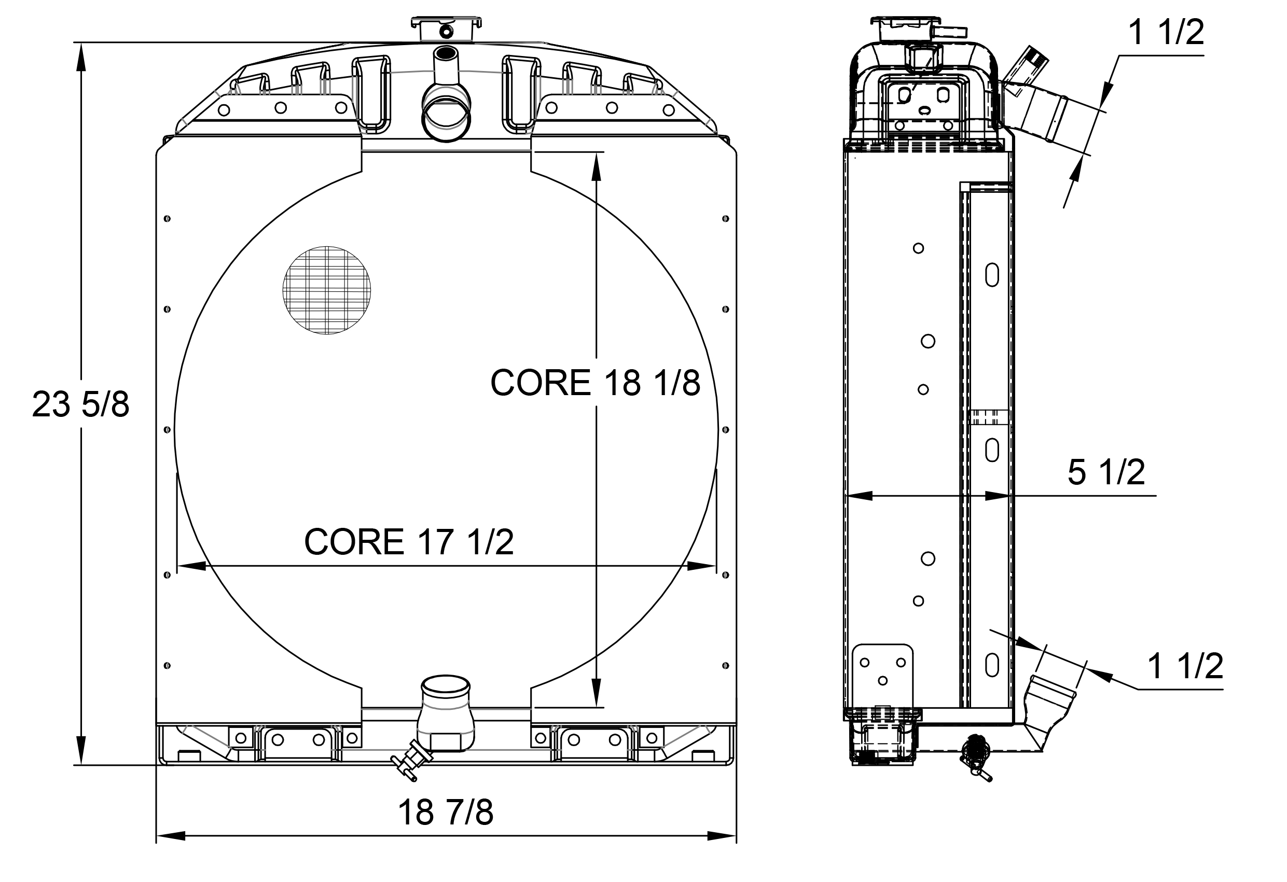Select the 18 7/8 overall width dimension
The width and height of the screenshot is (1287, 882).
pyautogui.click(x=445, y=812)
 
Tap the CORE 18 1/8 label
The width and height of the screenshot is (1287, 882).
pyautogui.click(x=596, y=383)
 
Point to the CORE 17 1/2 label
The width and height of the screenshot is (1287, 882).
pyautogui.click(x=409, y=541)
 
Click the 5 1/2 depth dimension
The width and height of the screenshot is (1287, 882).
pyautogui.click(x=1106, y=472)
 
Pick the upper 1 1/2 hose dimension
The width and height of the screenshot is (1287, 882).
pyautogui.click(x=1166, y=33)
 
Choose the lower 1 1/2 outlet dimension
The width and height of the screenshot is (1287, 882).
pyautogui.click(x=1185, y=665)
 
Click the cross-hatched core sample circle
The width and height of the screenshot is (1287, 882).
pyautogui.click(x=327, y=290)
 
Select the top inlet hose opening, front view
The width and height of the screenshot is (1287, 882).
pyautogui.click(x=446, y=119)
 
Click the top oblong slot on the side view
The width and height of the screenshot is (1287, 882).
pyautogui.click(x=992, y=275)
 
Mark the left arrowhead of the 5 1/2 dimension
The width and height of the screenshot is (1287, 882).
pyautogui.click(x=859, y=496)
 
